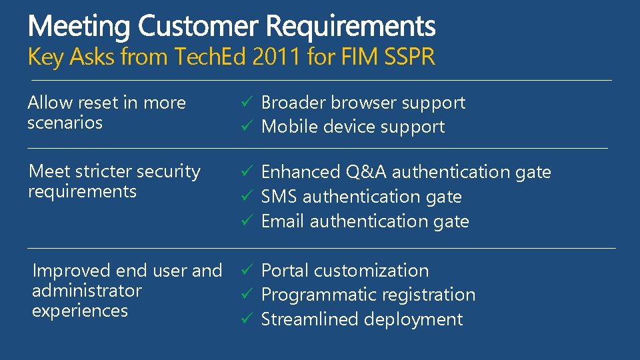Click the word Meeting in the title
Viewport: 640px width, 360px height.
(x=80, y=27)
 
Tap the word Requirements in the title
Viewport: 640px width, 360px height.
(x=351, y=27)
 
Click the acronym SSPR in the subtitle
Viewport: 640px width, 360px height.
(x=409, y=57)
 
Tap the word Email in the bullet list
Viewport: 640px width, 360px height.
(x=283, y=221)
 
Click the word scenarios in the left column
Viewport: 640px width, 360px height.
(x=65, y=123)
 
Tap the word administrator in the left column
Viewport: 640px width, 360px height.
(x=87, y=291)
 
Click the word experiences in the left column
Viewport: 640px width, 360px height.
(x=79, y=311)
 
